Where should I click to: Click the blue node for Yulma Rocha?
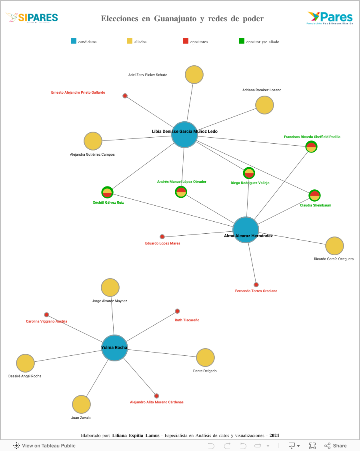tap(114, 348)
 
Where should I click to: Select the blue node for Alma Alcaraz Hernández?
tap(246, 230)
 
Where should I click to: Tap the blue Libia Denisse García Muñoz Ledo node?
tap(184, 134)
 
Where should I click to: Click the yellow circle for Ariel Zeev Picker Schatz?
tap(194, 75)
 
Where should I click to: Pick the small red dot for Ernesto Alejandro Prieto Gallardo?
tap(125, 96)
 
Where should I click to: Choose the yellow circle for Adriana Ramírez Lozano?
tap(264, 105)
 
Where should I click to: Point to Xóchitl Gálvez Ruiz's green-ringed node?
tap(107, 192)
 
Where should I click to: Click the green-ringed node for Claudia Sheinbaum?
tap(315, 195)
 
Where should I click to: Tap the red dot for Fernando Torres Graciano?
tap(256, 285)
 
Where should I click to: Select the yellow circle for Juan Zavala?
tap(81, 404)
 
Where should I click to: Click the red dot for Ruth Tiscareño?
tap(177, 311)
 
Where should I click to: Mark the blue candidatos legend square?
tap(74, 41)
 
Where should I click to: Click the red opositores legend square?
tap(186, 41)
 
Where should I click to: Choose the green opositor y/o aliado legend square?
tap(242, 41)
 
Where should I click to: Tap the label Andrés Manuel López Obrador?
tap(182, 182)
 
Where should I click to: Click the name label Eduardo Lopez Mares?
tap(162, 243)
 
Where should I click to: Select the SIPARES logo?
tap(32, 18)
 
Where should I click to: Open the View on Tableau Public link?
tap(44, 445)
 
